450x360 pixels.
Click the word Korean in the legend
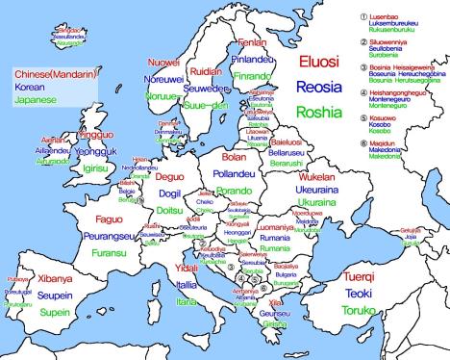coord(28,87)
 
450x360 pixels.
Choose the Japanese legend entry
coord(34,99)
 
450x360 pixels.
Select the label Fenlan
coord(252,44)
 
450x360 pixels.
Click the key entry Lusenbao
coord(380,16)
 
